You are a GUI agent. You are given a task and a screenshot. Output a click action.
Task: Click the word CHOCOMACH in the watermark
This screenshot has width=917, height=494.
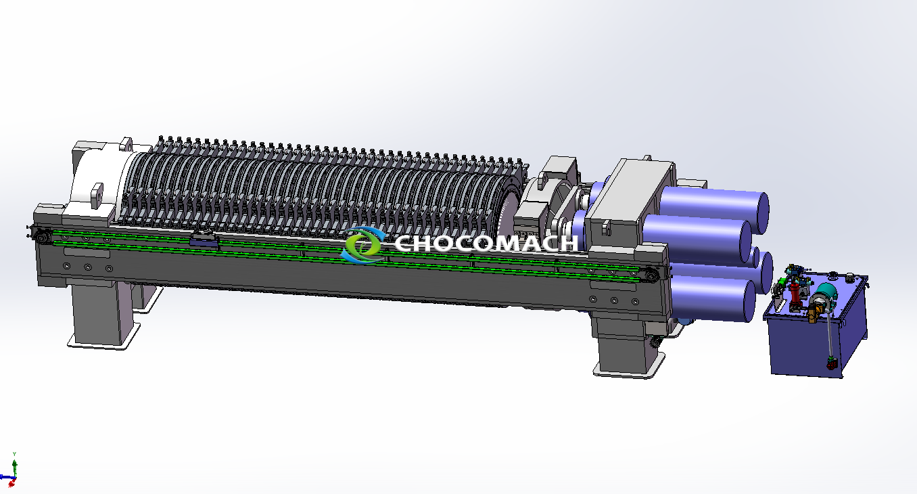(x=486, y=244)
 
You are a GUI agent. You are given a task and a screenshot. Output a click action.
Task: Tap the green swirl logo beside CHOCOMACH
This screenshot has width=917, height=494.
(x=363, y=244)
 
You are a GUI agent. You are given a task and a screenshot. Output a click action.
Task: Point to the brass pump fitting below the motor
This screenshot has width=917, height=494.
(x=812, y=315)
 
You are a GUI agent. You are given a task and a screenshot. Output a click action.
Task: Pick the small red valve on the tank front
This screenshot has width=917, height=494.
(x=831, y=363)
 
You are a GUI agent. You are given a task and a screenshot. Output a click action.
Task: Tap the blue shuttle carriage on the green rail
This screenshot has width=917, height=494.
(x=204, y=240)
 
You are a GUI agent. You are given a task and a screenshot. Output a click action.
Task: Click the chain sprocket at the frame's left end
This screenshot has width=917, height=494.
(x=41, y=236)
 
